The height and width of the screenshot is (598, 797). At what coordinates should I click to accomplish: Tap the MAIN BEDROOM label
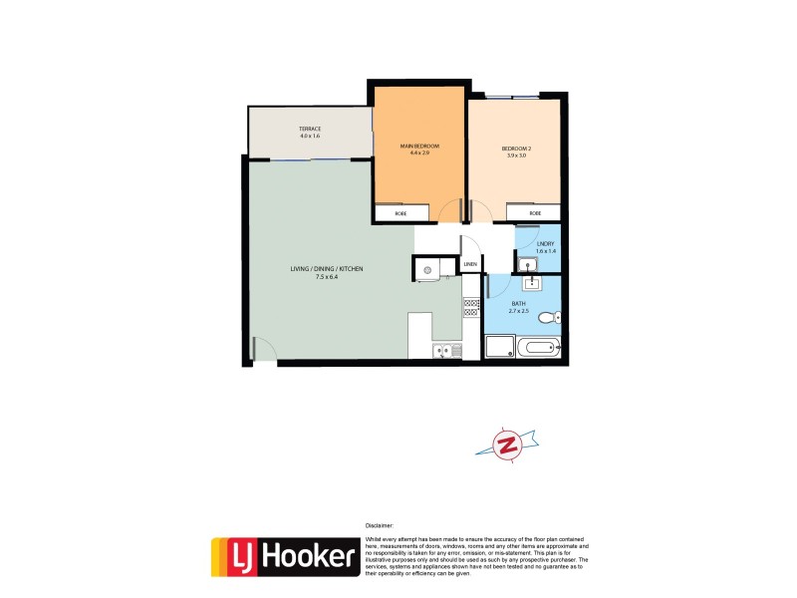[419, 147]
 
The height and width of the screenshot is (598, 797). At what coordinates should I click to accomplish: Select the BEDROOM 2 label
[517, 149]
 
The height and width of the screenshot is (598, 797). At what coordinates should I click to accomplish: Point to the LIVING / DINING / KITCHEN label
[327, 269]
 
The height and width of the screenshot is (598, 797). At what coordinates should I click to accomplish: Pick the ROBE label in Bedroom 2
[535, 213]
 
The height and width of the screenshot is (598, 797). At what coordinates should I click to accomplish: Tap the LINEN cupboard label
[496, 264]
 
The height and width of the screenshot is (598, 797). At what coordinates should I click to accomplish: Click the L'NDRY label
[545, 244]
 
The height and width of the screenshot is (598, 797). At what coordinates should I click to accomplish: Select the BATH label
[519, 303]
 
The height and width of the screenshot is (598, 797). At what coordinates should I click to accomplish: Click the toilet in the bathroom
[547, 319]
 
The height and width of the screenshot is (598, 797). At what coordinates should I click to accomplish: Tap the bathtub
[539, 348]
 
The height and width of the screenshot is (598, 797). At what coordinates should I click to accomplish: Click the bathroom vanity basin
[532, 281]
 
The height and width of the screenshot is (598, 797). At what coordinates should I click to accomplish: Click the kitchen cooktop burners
[471, 307]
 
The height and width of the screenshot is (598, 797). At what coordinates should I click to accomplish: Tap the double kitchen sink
[443, 350]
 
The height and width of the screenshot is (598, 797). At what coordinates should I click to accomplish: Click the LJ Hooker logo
[284, 557]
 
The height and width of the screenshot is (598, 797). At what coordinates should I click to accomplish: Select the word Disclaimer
[380, 524]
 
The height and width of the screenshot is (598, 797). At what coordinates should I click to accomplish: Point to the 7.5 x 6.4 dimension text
[327, 277]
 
